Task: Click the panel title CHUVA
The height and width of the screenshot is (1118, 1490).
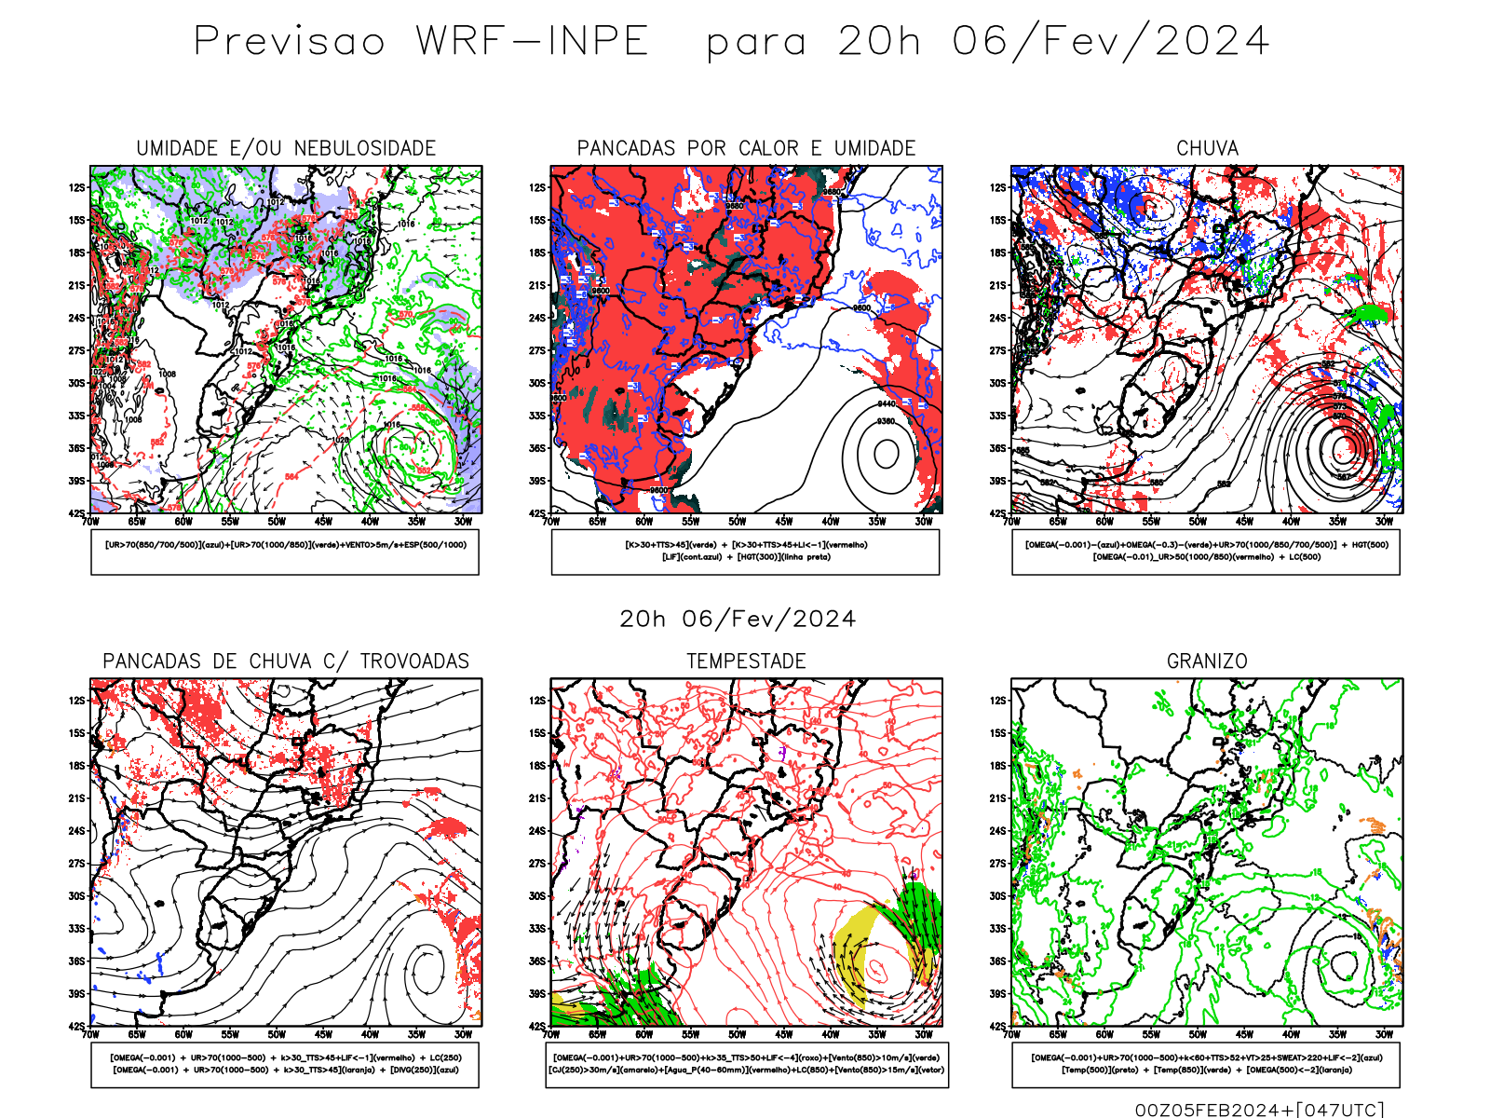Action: (1207, 148)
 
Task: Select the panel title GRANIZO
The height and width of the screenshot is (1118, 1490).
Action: (1207, 661)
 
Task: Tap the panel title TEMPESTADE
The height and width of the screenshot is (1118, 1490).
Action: (746, 661)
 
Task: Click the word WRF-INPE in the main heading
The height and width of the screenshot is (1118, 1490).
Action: (532, 42)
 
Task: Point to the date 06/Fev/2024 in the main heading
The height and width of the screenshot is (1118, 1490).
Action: (1110, 42)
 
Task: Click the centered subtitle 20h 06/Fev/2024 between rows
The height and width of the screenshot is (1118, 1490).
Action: (738, 619)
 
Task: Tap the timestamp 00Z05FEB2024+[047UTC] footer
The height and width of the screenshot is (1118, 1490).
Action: (1259, 1109)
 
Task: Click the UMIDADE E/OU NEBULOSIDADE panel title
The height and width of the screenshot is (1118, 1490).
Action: (286, 148)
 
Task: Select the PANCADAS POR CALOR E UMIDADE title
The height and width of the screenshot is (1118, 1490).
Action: (746, 148)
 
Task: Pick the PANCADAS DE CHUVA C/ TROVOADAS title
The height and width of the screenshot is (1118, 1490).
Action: (286, 661)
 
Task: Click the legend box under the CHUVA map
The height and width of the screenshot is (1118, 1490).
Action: (1206, 552)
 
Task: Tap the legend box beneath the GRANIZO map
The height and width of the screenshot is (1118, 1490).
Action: (1206, 1064)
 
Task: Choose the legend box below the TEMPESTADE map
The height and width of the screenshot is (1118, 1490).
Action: (747, 1064)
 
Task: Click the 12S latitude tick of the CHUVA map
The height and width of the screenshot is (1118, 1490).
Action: (998, 188)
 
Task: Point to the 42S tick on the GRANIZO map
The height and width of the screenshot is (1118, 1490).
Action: (998, 1027)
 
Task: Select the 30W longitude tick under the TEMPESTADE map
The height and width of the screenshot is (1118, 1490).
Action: (923, 1034)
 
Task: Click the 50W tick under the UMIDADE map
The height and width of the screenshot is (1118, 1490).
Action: (277, 522)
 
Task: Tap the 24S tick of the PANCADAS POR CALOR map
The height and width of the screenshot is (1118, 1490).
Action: (537, 319)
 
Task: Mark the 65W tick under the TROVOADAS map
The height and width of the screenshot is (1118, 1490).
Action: (137, 1034)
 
